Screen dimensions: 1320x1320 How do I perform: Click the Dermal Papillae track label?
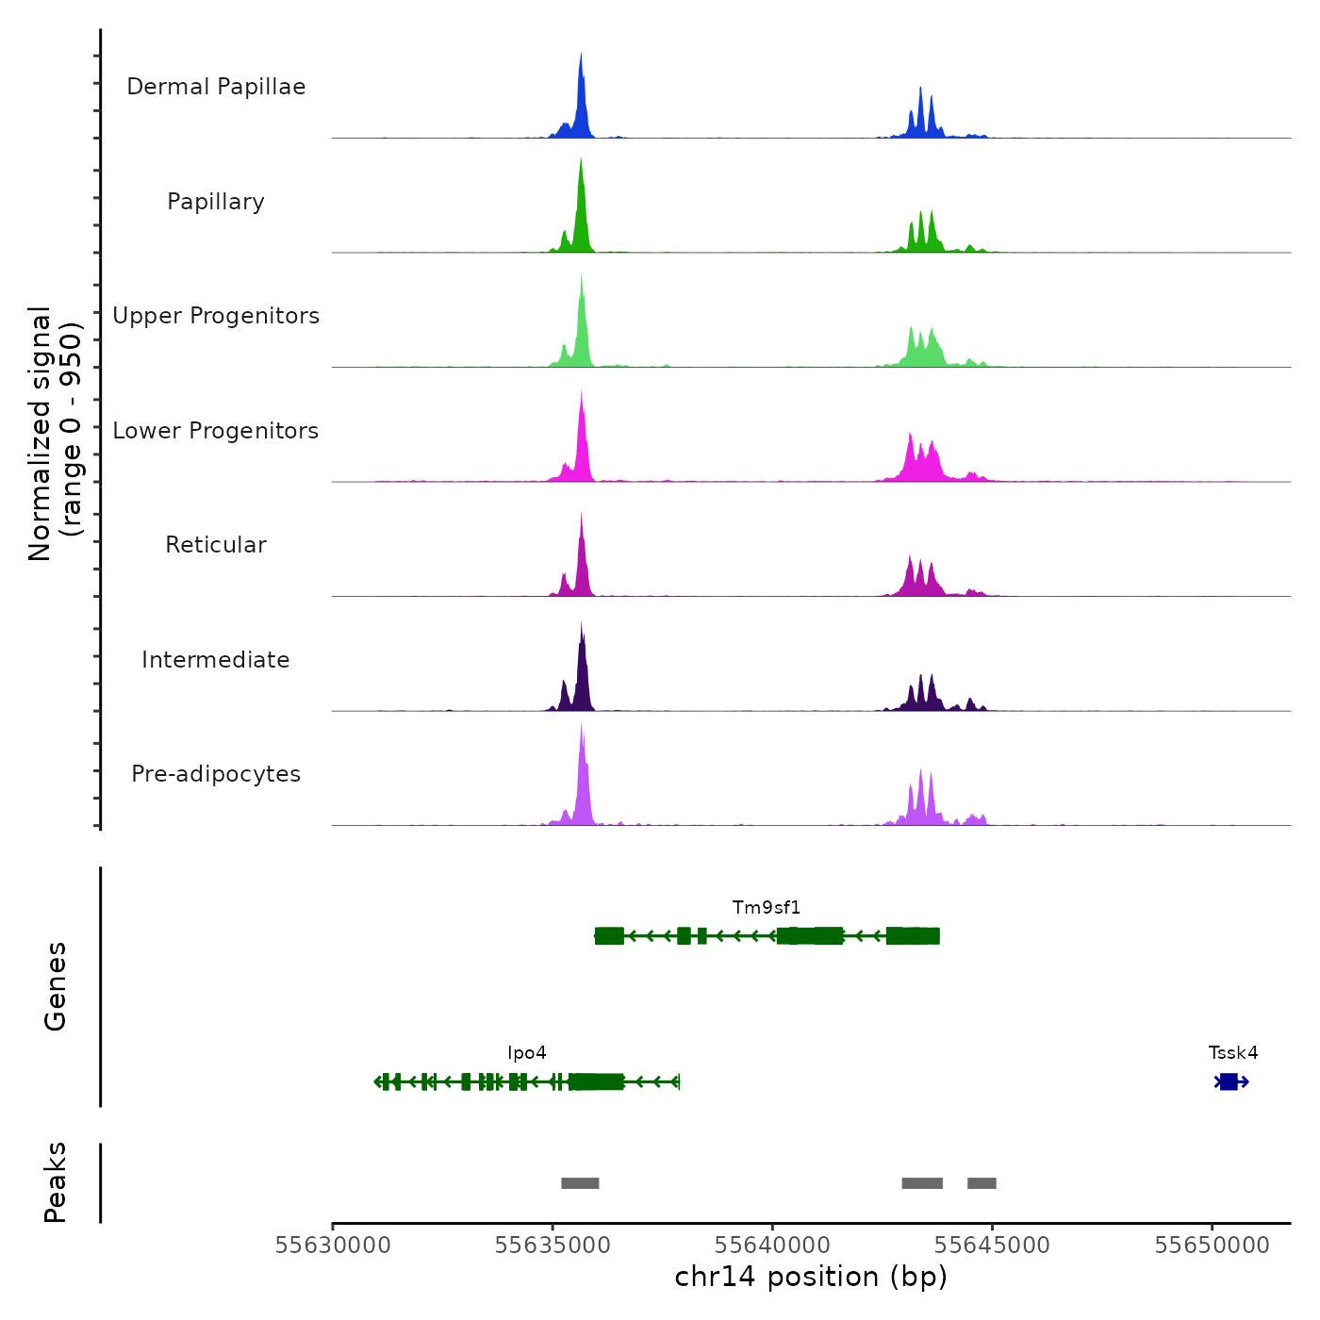coord(216,87)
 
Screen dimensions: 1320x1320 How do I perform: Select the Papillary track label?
coord(216,202)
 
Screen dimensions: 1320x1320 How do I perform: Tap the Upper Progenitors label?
coord(216,316)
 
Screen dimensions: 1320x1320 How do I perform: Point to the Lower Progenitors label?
coord(216,431)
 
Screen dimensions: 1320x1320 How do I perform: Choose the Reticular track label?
coord(216,545)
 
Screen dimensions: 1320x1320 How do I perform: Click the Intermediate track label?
coord(216,660)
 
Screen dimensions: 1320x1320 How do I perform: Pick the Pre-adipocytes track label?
coord(216,774)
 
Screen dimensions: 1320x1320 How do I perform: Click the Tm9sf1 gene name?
coord(767,908)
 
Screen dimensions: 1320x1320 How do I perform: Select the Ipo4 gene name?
coord(527,1053)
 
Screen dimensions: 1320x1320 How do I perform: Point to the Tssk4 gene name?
coord(1233,1053)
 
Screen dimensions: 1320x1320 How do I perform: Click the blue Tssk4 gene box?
coord(1229,1081)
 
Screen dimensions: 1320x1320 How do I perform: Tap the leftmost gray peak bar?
coord(580,1183)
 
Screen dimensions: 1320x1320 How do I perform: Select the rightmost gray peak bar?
coord(982,1183)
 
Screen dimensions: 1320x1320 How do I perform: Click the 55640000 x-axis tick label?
coord(772,1246)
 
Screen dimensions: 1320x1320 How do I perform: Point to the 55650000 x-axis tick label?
coord(1213,1246)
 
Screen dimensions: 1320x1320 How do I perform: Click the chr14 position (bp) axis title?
coord(811,1278)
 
